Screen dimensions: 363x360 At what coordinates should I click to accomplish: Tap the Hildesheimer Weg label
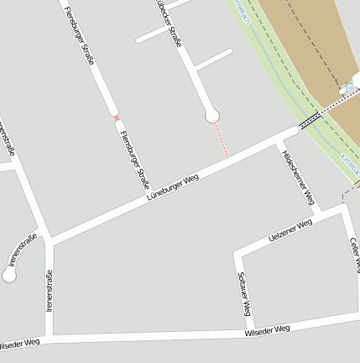(299, 178)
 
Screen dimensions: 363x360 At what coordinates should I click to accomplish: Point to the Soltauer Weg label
(244, 294)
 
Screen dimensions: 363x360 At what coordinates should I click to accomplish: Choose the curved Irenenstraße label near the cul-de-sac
(23, 250)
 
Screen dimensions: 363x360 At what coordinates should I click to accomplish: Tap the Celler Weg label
(355, 254)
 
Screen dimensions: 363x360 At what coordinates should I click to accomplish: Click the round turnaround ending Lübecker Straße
(211, 116)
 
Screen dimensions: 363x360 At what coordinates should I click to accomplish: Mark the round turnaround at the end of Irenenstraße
(9, 276)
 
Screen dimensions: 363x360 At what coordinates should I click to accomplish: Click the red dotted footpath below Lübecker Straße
(222, 139)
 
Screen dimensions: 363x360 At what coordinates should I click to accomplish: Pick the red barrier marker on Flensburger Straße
(117, 118)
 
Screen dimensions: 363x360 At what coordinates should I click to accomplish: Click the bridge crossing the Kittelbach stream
(310, 121)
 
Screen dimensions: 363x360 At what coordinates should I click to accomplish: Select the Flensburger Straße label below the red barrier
(134, 159)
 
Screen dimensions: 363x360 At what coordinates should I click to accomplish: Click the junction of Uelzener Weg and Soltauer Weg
(237, 253)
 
